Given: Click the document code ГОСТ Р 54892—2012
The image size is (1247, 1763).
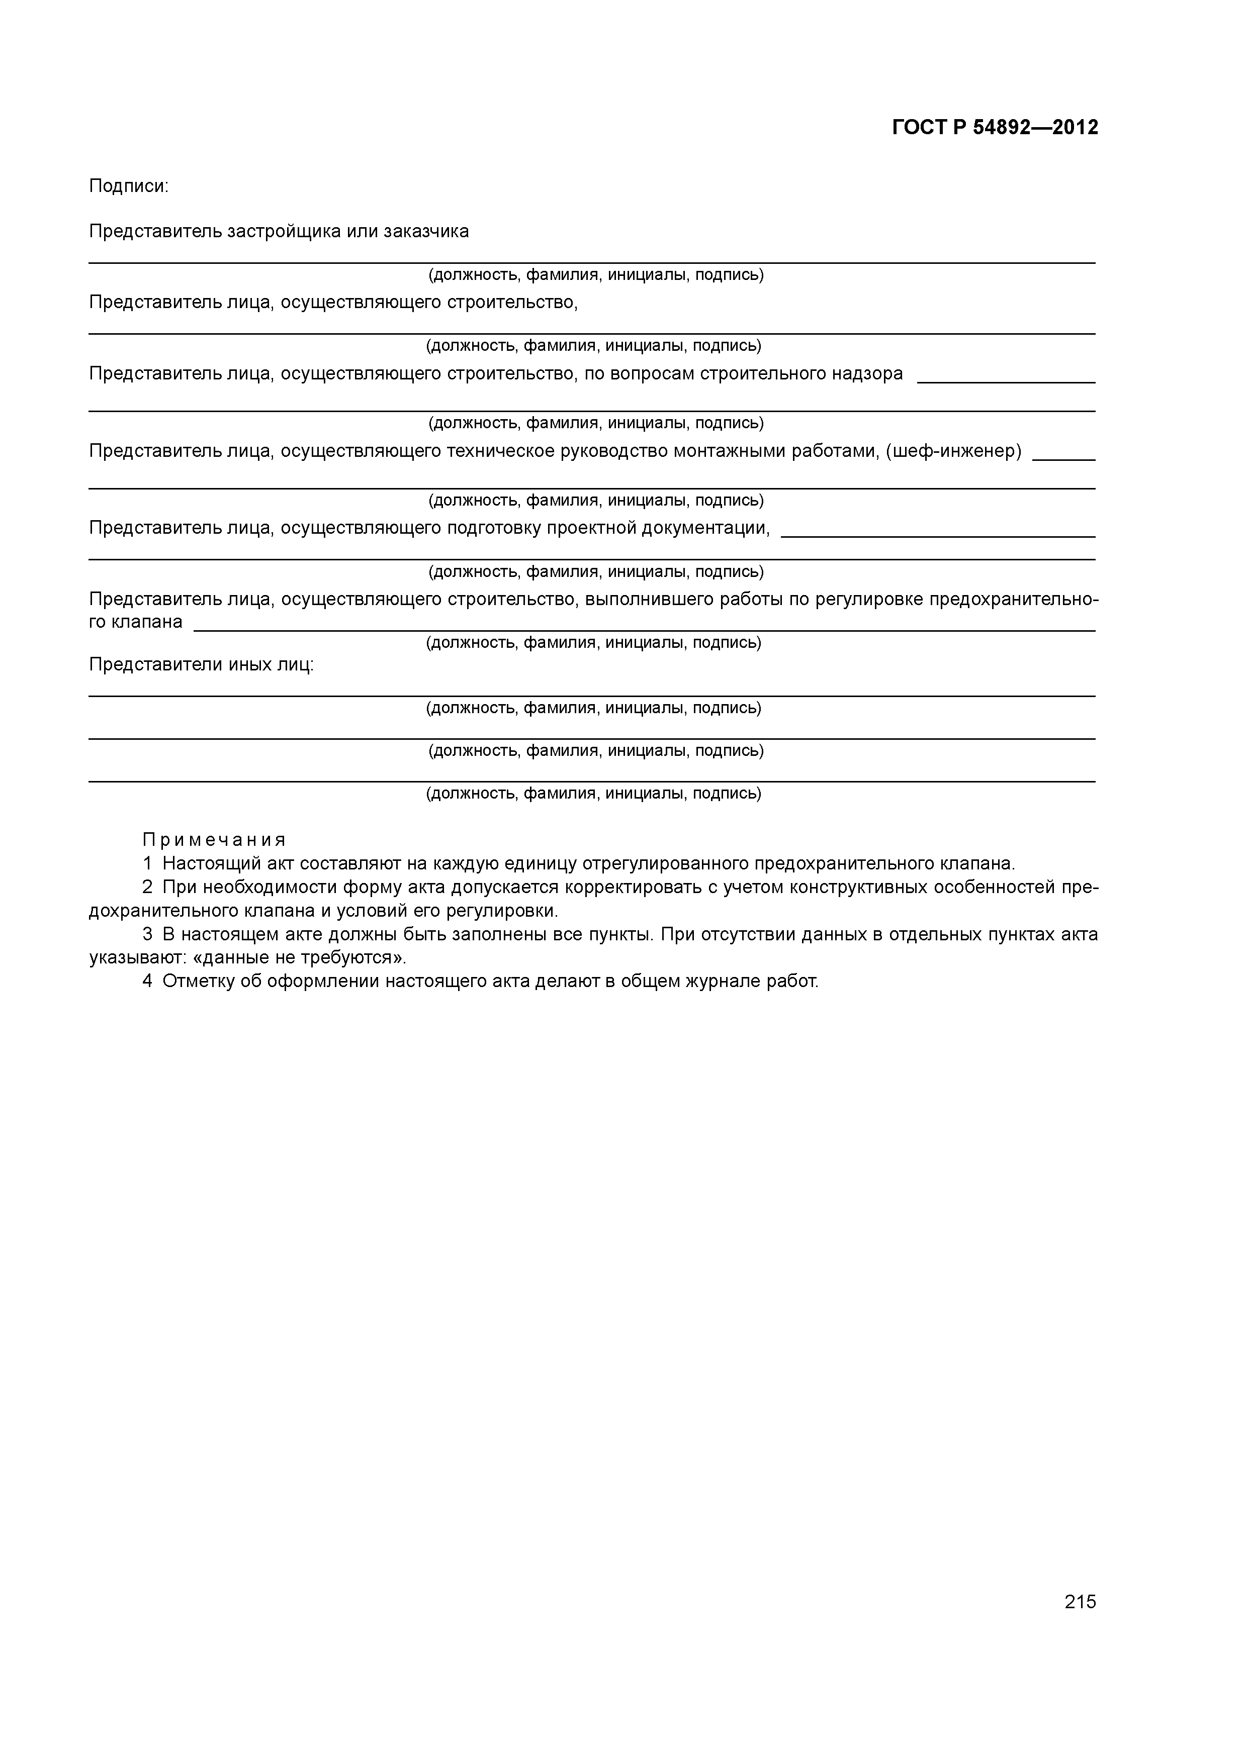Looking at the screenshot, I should pyautogui.click(x=995, y=128).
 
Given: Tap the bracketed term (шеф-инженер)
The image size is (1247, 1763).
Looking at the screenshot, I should pyautogui.click(x=953, y=451).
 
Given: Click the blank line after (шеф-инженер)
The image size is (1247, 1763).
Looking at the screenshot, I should pyautogui.click(x=1063, y=458).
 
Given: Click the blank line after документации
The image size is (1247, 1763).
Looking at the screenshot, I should pyautogui.click(x=937, y=535).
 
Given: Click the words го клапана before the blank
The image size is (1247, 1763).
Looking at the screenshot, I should pyautogui.click(x=136, y=622).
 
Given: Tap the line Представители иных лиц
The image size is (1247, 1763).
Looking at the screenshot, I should pyautogui.click(x=201, y=665).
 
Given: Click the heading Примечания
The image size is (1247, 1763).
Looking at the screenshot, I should pyautogui.click(x=214, y=840).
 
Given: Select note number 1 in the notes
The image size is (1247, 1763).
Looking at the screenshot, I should pyautogui.click(x=147, y=864).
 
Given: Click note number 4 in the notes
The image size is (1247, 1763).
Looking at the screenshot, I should pyautogui.click(x=147, y=982).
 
